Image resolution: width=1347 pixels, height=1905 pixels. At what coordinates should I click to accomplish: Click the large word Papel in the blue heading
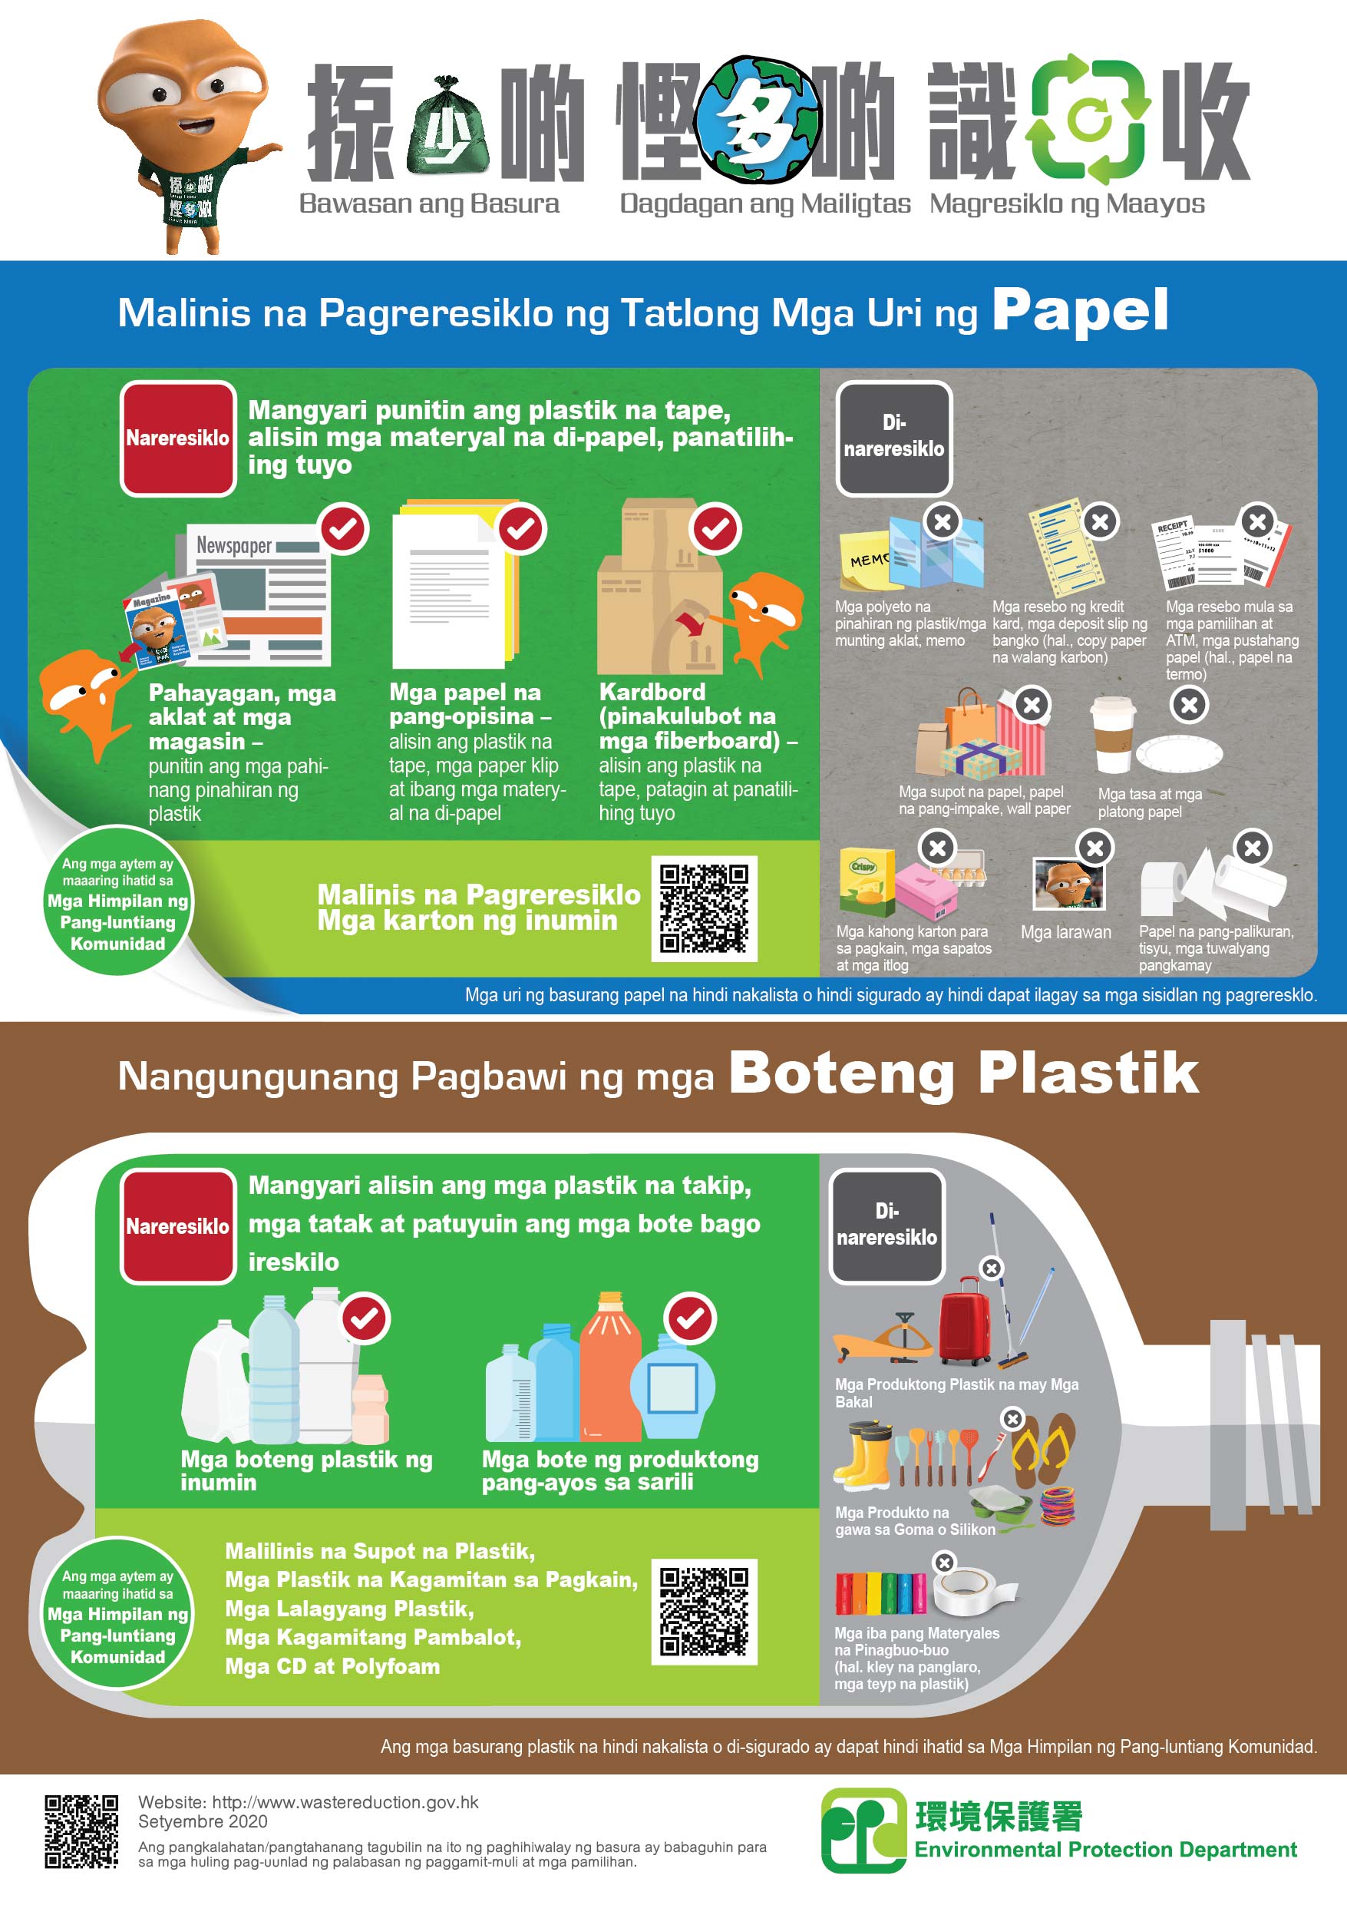click(x=1080, y=311)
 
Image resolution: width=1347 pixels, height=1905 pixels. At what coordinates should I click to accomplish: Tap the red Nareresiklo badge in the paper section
click(x=178, y=438)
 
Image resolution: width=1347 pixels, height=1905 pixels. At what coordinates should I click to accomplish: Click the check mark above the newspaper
click(x=344, y=528)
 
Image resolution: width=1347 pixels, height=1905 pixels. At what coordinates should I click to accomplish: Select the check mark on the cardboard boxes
click(x=716, y=528)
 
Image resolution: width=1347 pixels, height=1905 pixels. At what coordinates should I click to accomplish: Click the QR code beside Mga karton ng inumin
click(x=704, y=908)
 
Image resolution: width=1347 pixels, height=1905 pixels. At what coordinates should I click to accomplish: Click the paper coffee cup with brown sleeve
click(x=1112, y=736)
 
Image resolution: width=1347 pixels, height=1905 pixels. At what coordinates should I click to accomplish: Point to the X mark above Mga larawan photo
click(x=1094, y=848)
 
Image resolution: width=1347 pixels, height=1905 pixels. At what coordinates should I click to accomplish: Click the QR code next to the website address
click(x=81, y=1831)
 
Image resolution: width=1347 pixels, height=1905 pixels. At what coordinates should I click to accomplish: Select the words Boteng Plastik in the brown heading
click(x=964, y=1073)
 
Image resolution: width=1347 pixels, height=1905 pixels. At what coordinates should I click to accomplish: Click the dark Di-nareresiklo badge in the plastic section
click(x=886, y=1226)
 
